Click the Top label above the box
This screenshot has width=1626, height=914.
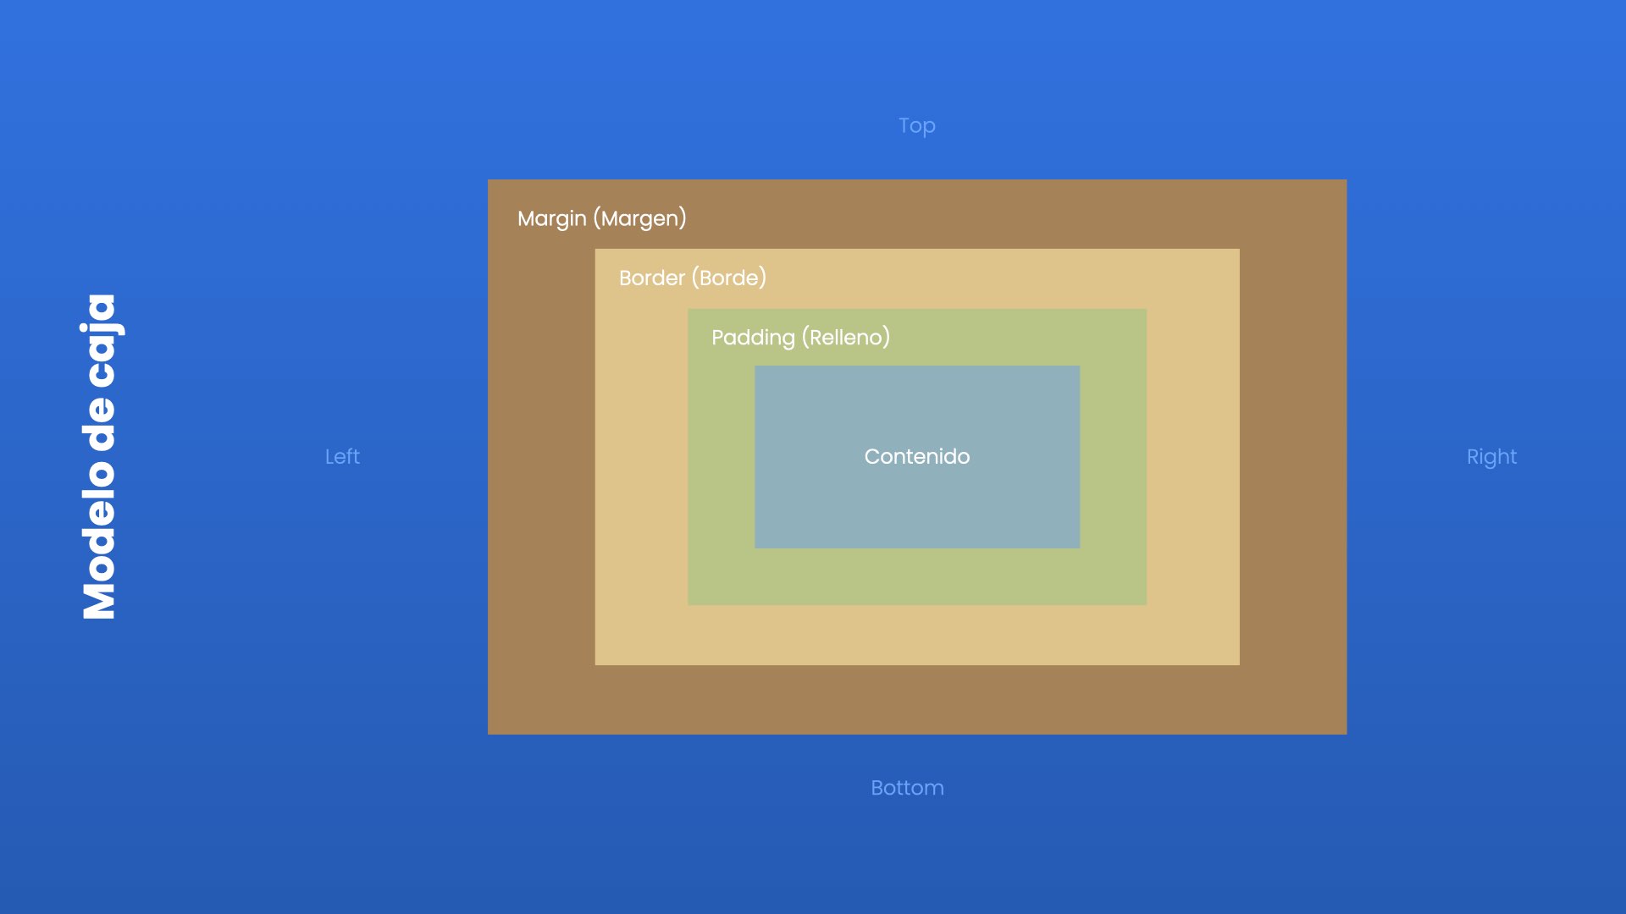[x=917, y=126]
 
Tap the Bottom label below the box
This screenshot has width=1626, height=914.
[x=907, y=788]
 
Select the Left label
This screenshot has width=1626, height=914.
[x=342, y=457]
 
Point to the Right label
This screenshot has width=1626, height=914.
[x=1491, y=458]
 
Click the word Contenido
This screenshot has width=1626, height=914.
[x=917, y=457]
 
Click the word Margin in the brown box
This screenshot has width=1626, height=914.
[x=552, y=219]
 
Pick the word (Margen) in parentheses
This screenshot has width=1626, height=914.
[x=640, y=219]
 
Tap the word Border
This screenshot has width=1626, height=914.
[x=652, y=278]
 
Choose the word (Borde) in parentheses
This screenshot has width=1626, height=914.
[x=729, y=278]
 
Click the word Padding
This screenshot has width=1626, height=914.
[x=753, y=339]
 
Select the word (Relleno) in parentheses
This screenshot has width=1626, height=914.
[x=846, y=338]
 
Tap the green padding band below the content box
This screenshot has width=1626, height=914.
[x=917, y=576]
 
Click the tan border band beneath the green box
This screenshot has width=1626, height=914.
[x=917, y=635]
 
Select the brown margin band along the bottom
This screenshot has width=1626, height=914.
[x=917, y=700]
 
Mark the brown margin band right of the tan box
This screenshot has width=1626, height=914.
[x=1293, y=457]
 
